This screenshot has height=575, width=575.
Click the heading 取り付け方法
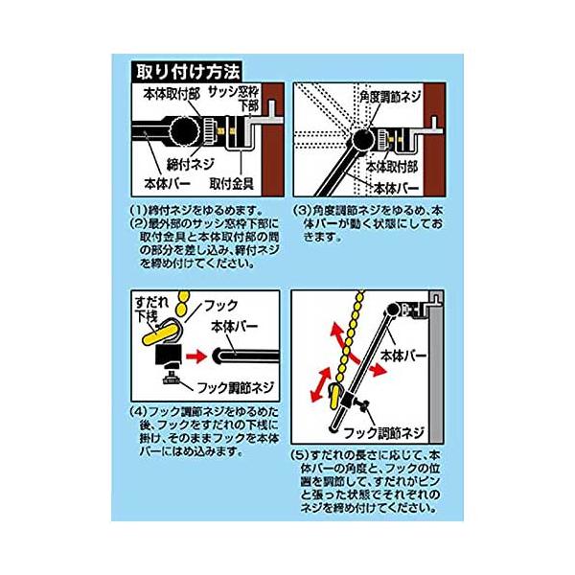(188, 72)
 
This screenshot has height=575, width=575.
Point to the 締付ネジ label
(191, 164)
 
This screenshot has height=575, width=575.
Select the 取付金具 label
(232, 184)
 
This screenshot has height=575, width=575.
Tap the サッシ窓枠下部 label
(235, 99)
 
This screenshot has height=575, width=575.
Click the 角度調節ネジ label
(390, 97)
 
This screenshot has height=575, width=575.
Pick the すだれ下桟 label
(151, 310)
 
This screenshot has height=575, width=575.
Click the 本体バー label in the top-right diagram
(397, 189)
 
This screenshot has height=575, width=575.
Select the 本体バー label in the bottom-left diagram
(235, 327)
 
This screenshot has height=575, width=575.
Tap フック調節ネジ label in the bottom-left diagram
(236, 387)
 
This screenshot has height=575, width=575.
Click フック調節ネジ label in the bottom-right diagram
(383, 433)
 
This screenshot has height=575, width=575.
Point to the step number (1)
(139, 211)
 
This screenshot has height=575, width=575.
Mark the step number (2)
(139, 223)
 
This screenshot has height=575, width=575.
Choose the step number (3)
(302, 211)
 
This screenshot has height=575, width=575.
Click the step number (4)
(139, 411)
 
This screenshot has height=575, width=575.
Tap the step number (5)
(300, 455)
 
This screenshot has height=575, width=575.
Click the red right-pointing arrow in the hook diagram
(196, 356)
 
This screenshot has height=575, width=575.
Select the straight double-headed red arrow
(320, 385)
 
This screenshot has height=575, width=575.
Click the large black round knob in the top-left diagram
(185, 131)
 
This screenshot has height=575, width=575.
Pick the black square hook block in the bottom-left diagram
(169, 355)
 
